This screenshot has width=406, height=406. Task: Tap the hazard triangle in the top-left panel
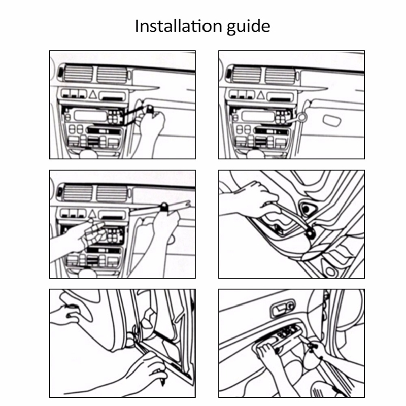coord(93,94)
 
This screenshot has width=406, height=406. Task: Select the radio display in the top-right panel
coord(256,116)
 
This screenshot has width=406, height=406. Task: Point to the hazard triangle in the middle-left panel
coord(93,214)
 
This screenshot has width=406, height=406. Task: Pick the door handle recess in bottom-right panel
coord(280,308)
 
